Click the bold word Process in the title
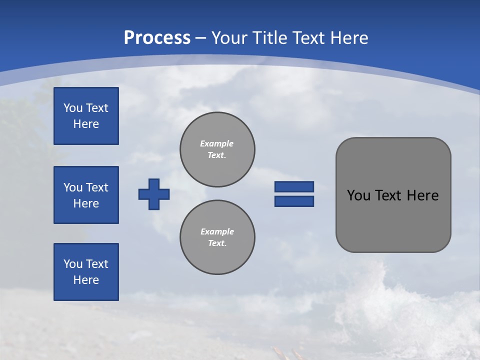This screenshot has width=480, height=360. [x=157, y=38]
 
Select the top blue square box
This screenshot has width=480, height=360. [x=86, y=116]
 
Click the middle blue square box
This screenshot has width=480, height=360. [x=86, y=195]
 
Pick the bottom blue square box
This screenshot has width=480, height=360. [x=86, y=272]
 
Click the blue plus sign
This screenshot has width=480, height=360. [x=154, y=194]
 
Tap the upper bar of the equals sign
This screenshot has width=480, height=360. [x=294, y=186]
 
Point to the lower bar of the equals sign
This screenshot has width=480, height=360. [x=294, y=201]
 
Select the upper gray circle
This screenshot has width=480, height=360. [x=217, y=149]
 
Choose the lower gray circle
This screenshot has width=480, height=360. [x=217, y=237]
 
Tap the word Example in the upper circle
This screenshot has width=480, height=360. [x=217, y=143]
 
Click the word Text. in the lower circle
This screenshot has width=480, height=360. [x=217, y=243]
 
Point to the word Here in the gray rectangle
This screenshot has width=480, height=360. [x=422, y=195]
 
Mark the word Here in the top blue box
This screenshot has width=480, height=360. [x=86, y=124]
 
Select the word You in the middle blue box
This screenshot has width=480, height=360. [x=72, y=187]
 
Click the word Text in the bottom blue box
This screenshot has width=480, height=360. [x=96, y=264]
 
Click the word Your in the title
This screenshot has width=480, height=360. [x=228, y=38]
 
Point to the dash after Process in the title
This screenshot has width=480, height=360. [x=201, y=38]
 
